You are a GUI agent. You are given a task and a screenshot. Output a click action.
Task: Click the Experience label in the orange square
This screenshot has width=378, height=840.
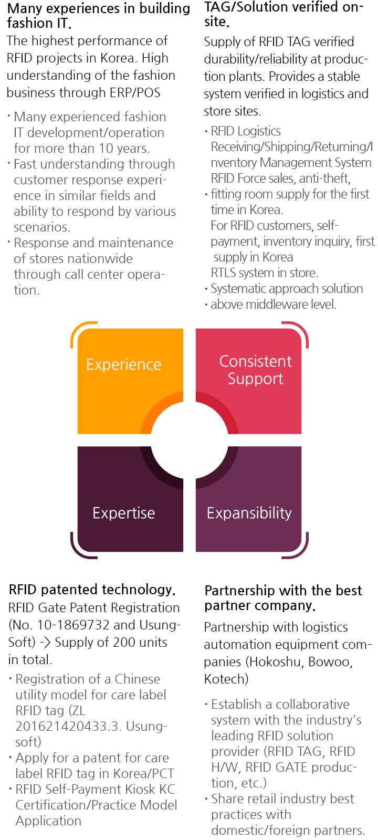(124, 364)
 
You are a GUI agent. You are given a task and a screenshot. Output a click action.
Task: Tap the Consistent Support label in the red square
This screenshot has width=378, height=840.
(255, 370)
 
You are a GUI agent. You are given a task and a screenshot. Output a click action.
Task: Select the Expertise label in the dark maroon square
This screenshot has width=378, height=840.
(124, 512)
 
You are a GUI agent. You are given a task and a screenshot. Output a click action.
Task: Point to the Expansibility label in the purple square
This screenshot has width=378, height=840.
(249, 512)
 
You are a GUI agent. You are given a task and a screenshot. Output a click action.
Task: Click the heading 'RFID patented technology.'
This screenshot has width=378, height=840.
(92, 590)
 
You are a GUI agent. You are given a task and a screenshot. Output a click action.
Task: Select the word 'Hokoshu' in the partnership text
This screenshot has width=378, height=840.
(276, 661)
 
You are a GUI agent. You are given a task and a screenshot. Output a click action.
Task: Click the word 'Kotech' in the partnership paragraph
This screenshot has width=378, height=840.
(224, 679)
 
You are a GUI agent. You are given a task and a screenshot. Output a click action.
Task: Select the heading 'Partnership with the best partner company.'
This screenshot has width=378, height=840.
(283, 598)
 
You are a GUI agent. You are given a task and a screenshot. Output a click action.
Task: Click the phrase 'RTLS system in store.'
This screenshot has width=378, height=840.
(265, 272)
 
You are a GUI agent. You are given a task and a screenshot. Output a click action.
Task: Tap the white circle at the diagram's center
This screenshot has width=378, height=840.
(190, 440)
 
